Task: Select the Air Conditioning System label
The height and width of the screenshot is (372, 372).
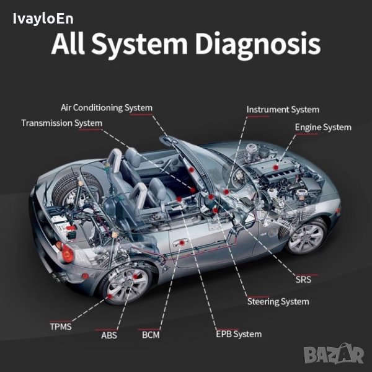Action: coord(106,107)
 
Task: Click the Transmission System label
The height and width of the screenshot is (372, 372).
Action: coord(61,123)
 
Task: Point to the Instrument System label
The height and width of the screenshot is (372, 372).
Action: coord(283,110)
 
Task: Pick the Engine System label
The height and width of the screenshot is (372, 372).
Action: coord(322,127)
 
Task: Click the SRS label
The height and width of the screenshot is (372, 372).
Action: coord(304,279)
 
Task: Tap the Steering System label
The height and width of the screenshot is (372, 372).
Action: coord(278,302)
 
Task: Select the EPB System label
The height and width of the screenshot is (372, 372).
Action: coord(238,334)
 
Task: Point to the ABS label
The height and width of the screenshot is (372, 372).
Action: coord(108,336)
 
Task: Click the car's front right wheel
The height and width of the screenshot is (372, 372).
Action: coord(307,237)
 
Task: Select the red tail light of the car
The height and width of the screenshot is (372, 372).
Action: coord(66,254)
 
